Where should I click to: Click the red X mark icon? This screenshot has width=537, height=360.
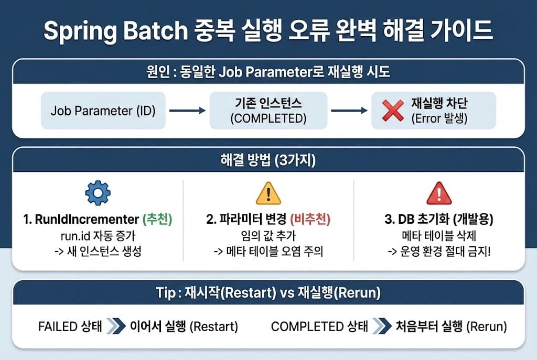[x=393, y=111]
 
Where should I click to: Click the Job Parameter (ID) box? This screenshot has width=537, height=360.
[x=103, y=111]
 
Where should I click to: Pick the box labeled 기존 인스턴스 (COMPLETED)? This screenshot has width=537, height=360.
[x=268, y=111]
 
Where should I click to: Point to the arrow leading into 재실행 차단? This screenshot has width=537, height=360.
[x=349, y=111]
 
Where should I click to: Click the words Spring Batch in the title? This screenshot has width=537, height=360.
[x=115, y=31]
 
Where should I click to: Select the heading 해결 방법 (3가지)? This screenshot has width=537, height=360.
[x=268, y=161]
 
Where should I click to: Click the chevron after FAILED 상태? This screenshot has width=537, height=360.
[x=115, y=327]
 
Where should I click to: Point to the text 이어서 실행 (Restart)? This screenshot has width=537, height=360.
[x=184, y=327]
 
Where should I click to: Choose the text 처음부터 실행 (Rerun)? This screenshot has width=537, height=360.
[x=450, y=327]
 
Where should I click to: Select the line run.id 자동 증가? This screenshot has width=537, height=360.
[x=98, y=235]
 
